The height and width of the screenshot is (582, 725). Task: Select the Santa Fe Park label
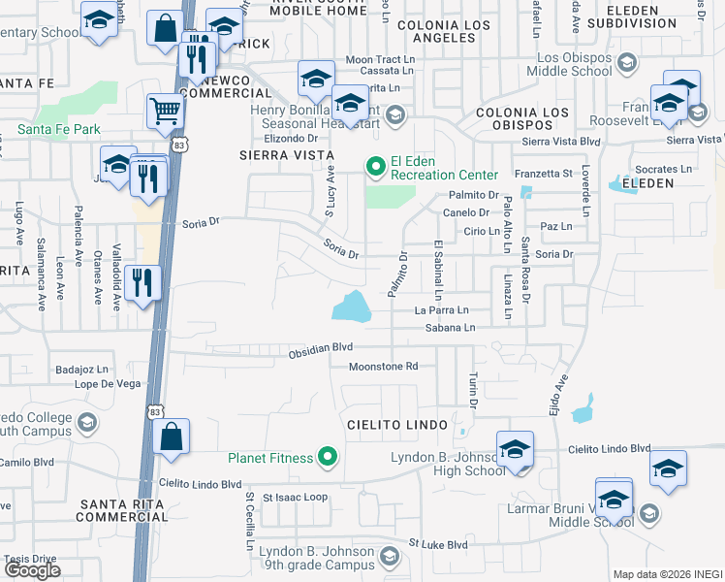(x=59, y=129)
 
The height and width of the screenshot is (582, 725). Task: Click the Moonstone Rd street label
(x=383, y=367)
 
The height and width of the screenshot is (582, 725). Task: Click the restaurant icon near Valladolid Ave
(x=142, y=283)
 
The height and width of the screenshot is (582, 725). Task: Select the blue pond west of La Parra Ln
(x=351, y=307)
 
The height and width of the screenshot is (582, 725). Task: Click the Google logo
(x=32, y=570)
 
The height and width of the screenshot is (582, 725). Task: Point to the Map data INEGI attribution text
(x=667, y=574)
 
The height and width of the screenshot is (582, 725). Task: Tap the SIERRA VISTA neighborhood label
(x=286, y=155)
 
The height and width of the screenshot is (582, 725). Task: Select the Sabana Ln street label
(x=450, y=329)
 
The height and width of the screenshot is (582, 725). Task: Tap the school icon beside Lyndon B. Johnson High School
(x=515, y=448)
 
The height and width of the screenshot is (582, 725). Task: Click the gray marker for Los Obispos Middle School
(x=627, y=63)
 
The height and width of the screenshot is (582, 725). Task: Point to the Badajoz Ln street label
(x=83, y=369)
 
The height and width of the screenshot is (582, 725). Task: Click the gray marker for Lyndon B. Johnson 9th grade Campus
(x=390, y=557)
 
